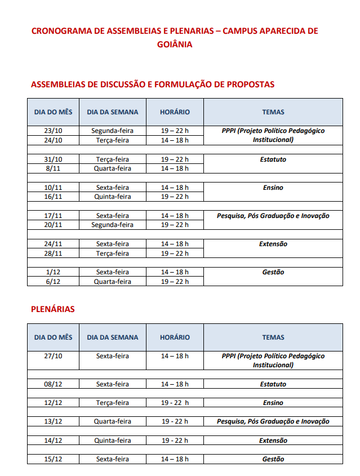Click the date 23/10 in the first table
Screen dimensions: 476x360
click(53, 131)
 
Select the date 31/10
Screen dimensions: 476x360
click(53, 159)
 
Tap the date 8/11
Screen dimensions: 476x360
click(53, 168)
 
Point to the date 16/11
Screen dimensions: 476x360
click(53, 197)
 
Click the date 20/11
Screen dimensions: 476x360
click(53, 225)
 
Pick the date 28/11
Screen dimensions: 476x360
click(53, 253)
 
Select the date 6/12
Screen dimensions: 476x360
click(53, 281)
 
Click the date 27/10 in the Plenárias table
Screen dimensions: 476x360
click(53, 356)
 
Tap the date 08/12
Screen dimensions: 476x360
click(53, 384)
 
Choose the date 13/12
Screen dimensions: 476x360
click(53, 421)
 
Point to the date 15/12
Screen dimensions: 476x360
click(53, 459)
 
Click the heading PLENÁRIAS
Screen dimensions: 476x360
click(52, 309)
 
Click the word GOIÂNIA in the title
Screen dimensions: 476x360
click(175, 44)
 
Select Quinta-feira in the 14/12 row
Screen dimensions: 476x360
click(112, 441)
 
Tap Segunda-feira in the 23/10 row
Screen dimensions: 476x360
click(112, 131)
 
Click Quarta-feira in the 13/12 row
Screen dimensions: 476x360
click(112, 421)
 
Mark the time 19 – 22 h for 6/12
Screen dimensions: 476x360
click(175, 281)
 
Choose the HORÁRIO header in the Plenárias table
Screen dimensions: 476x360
click(175, 337)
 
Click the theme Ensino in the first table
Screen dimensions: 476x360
click(273, 188)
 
